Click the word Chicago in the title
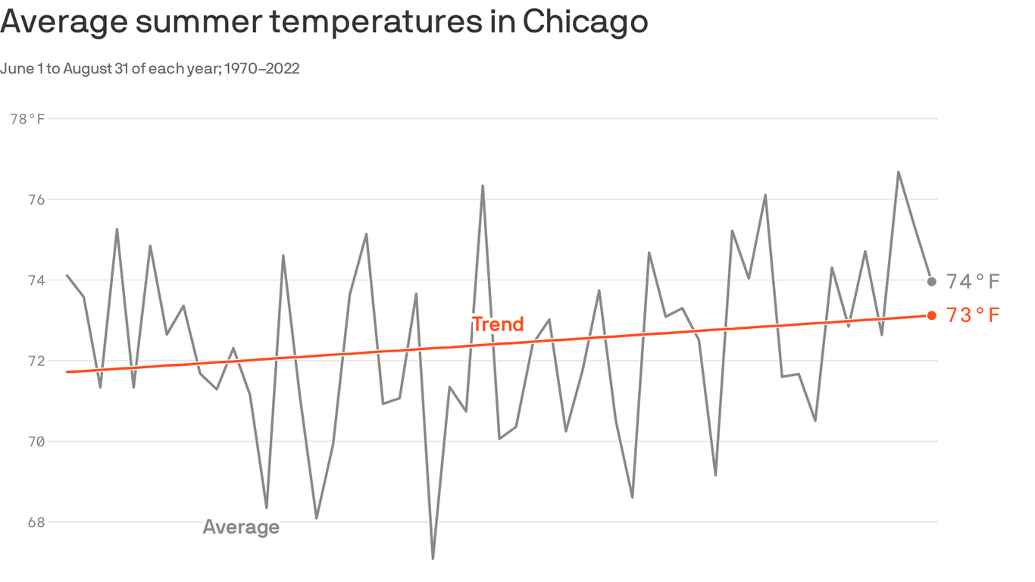(584, 22)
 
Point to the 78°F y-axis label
(27, 119)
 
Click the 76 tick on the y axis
(35, 200)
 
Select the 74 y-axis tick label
(35, 280)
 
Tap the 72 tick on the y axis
(35, 361)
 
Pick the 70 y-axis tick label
(35, 442)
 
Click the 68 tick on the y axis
(35, 522)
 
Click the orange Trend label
(498, 324)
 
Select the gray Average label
(241, 527)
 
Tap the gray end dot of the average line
(931, 281)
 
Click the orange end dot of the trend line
(931, 315)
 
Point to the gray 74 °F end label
(974, 282)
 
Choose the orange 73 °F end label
(974, 315)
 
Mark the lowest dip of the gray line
(433, 559)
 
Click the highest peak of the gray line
(899, 172)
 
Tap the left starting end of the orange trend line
(67, 372)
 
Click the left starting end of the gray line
(67, 275)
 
